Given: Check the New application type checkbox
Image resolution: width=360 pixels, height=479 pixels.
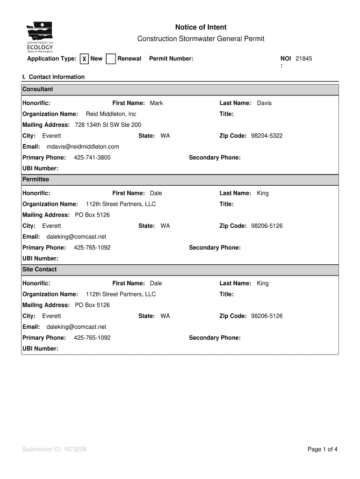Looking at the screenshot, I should [x=84, y=59].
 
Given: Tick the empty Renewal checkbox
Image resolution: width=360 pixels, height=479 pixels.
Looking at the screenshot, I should [x=111, y=59].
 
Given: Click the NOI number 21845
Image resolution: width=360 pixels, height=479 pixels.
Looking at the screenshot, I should [x=303, y=58].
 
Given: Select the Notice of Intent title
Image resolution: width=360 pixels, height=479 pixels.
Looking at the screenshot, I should [x=201, y=28].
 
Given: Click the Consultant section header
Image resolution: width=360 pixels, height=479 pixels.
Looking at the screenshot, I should [x=38, y=89].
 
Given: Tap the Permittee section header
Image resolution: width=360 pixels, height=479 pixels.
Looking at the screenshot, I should [x=36, y=180].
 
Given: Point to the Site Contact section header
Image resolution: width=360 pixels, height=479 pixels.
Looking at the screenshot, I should [x=39, y=269].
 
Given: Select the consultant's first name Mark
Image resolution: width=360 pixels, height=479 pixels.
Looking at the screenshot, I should [x=156, y=103].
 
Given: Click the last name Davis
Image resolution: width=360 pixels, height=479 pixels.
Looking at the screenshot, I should [x=264, y=103].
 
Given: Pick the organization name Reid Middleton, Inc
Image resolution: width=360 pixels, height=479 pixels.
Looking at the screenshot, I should [x=111, y=114].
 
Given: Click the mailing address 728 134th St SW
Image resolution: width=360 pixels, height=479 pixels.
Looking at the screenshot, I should [x=108, y=125].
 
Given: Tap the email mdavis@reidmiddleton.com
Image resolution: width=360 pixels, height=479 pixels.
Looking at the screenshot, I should [x=83, y=146].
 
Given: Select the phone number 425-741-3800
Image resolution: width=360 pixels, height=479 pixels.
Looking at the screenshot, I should [x=92, y=158].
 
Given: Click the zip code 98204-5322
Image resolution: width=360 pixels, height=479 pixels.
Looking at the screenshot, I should [x=266, y=136].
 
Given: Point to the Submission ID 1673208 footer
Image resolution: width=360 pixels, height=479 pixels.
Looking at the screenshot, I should [x=54, y=450].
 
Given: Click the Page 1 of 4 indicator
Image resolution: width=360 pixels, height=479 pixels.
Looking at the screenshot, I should [x=322, y=450].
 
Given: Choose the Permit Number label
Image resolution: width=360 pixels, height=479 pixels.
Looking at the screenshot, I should [x=171, y=58].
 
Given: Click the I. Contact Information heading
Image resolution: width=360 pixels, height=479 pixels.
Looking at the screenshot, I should [x=53, y=77].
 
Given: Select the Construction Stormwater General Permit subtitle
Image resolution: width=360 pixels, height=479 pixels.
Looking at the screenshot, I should [x=201, y=39].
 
